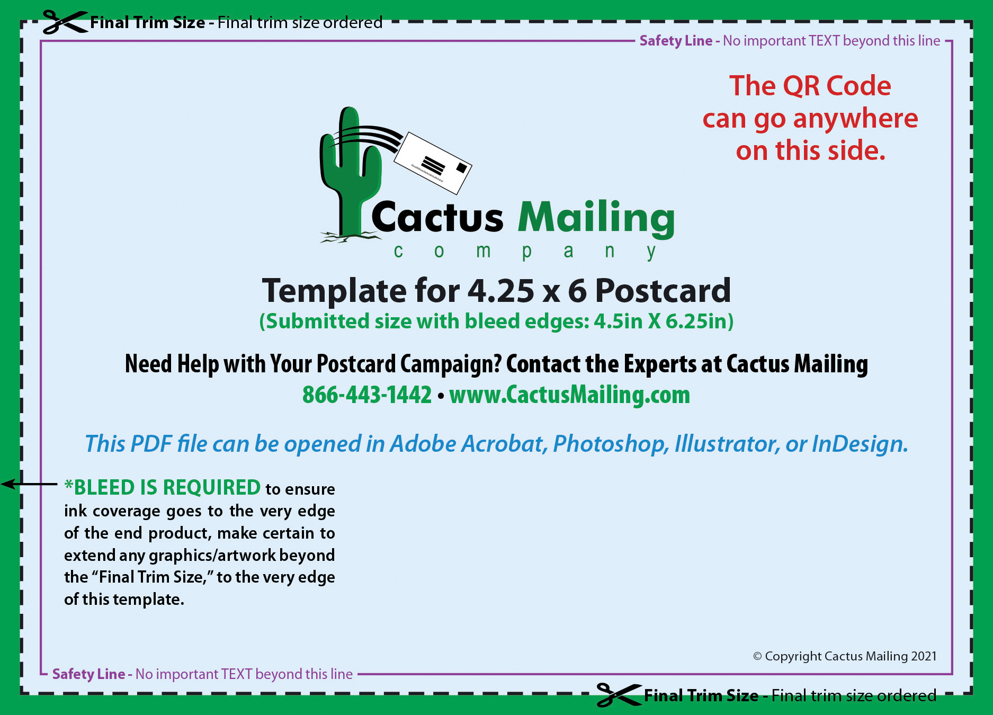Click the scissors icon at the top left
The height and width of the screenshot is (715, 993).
65,22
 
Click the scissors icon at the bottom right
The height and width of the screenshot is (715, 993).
619,695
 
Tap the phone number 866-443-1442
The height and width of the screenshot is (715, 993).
367,395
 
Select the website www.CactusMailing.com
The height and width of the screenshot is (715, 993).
570,395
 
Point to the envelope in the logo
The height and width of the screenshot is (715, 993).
433,162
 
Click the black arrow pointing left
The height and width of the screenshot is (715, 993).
29,484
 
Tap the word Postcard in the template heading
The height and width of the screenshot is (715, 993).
663,291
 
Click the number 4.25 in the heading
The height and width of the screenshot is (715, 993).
501,291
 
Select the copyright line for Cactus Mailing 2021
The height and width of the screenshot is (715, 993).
845,656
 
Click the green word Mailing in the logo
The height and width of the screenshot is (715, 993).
596,218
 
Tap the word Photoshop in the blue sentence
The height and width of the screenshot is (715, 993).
611,444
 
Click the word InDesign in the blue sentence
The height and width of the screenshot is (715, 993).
860,444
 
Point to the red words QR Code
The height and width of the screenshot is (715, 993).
837,86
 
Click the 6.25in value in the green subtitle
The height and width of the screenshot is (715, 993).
700,321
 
